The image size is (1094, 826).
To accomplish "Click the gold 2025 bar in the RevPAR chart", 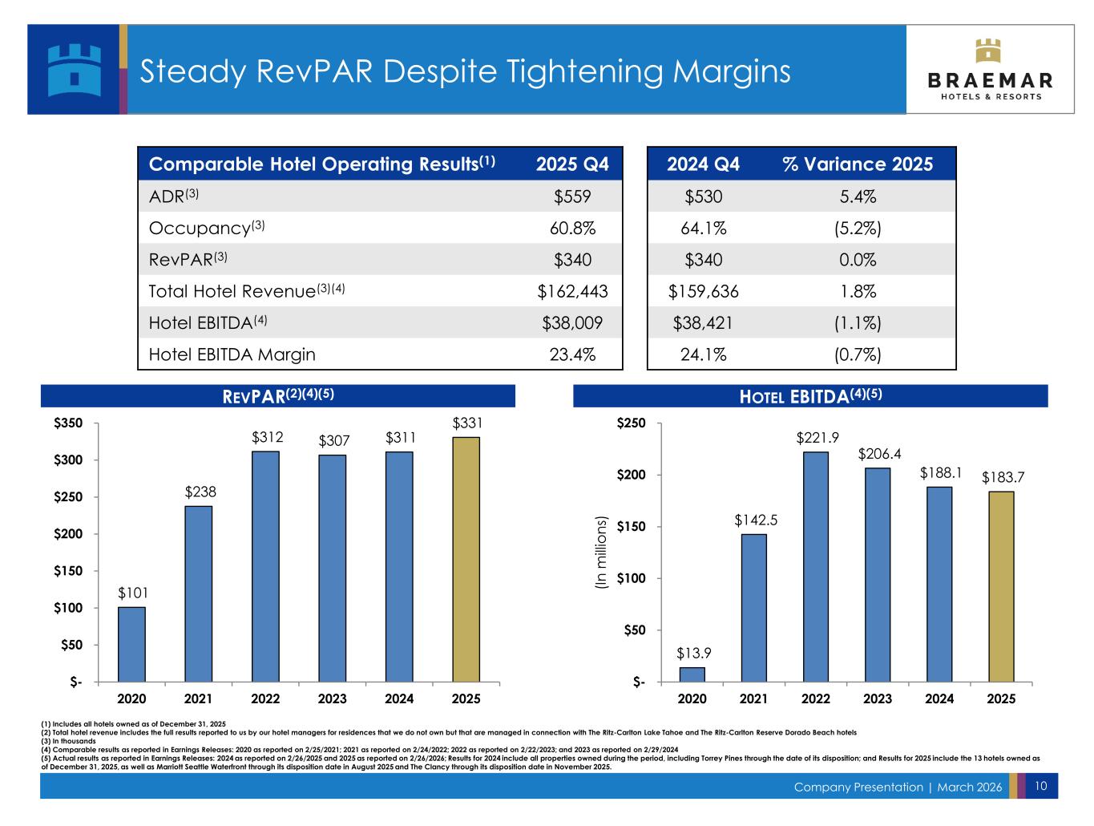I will click(x=466, y=559).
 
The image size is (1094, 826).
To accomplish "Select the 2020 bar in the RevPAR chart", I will click(x=131, y=644).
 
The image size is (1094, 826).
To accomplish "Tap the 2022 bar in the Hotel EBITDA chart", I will click(x=816, y=567).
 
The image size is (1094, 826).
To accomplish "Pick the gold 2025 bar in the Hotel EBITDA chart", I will click(x=1001, y=586).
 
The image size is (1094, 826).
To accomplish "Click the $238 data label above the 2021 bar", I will click(x=199, y=492).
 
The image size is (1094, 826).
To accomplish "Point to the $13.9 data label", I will click(x=692, y=654).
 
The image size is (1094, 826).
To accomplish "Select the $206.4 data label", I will click(x=879, y=454).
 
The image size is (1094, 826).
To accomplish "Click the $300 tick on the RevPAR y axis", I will click(x=68, y=460).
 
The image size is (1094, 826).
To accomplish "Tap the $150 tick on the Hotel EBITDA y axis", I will click(x=632, y=527).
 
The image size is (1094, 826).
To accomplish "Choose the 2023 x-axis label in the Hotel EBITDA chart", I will click(x=878, y=698).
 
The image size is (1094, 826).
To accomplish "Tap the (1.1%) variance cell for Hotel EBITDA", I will click(x=857, y=323).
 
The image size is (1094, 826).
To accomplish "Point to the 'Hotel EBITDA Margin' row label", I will click(x=232, y=354).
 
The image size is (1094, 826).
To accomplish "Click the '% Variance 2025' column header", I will click(x=857, y=164).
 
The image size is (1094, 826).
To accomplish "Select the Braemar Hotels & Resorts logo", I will click(x=990, y=70).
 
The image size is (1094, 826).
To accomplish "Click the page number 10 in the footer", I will click(x=1041, y=786).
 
